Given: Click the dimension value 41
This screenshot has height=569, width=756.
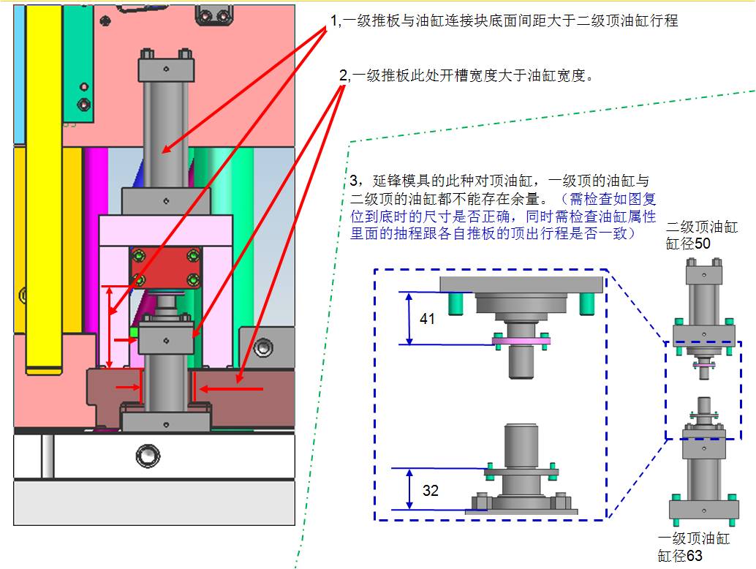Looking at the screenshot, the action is point(427,319).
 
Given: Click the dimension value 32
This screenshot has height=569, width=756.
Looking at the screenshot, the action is point(431,491).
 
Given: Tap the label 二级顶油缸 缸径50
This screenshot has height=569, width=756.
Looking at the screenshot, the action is point(701,235).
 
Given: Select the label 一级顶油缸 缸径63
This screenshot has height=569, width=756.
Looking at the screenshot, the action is point(693,547).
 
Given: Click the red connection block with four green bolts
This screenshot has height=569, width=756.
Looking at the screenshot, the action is point(166,267).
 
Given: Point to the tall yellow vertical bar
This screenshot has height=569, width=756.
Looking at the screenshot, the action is point(44,189).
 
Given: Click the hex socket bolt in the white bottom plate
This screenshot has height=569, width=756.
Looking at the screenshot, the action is point(148,456).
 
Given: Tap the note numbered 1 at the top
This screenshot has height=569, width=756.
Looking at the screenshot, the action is point(504,20).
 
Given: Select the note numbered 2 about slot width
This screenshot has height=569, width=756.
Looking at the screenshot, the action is point(466,75).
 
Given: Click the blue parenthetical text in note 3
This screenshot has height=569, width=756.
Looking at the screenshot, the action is point(503,216).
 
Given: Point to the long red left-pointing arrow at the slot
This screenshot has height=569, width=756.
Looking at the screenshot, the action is point(232,388).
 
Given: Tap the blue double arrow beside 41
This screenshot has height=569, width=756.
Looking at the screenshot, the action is point(409,318).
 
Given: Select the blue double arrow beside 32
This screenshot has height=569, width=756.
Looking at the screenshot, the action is point(409,489).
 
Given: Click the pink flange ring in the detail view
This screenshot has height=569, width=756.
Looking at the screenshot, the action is point(521,341).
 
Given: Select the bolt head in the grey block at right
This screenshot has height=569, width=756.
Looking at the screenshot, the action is point(262,347).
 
